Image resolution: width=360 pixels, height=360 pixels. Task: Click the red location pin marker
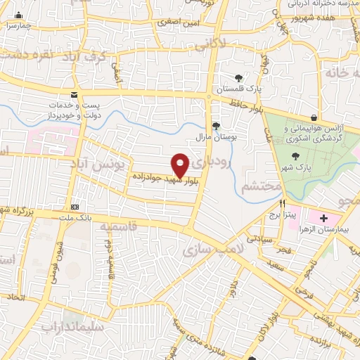point(180,165)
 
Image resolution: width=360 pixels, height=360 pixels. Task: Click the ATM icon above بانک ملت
point(75,207)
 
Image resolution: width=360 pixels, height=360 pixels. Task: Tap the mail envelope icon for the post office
point(74,96)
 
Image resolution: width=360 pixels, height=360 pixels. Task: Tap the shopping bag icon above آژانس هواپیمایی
point(314,117)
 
